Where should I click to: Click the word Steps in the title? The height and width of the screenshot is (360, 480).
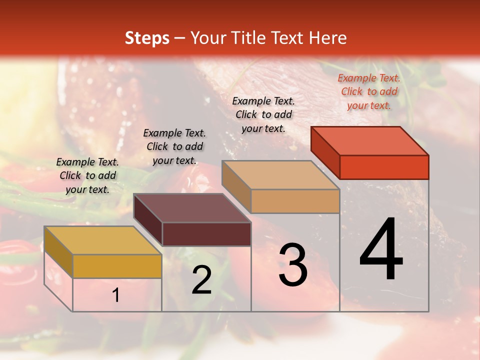[x=147, y=38]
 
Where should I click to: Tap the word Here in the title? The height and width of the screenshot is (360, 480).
[x=327, y=38]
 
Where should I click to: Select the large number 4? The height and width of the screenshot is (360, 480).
[x=381, y=250]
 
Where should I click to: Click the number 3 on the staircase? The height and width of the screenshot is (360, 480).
[x=293, y=265]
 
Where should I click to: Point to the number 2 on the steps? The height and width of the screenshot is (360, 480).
[x=201, y=280]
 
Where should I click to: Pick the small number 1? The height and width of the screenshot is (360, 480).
[x=116, y=295]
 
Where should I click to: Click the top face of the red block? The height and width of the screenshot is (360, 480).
[x=370, y=141]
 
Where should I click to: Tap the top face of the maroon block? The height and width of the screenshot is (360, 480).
[x=192, y=208]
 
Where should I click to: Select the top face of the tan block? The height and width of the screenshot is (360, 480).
[x=281, y=175]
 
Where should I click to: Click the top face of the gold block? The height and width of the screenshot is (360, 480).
[x=103, y=240]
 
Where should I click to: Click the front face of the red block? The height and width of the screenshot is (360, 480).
[x=384, y=167]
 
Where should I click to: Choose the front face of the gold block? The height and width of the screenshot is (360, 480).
[x=117, y=266]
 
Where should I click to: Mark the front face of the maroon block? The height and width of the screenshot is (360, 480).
[x=206, y=234]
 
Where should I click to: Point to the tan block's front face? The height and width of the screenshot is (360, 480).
[x=295, y=201]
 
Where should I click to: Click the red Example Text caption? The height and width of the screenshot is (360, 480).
[x=369, y=91]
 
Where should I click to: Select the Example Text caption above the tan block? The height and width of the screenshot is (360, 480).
[x=263, y=114]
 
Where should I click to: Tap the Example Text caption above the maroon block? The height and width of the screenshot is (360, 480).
[x=174, y=146]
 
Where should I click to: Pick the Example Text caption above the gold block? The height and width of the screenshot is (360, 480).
[x=87, y=175]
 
